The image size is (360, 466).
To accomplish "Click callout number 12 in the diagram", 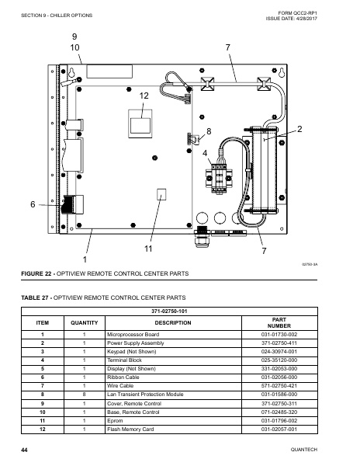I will (144, 95).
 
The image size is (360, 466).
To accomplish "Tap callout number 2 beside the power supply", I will (299, 127).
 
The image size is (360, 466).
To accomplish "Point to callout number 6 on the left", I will (33, 204).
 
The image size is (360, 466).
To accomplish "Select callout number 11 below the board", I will (147, 249).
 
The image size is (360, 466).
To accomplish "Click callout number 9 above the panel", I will (74, 37).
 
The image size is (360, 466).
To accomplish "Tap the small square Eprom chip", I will (162, 193).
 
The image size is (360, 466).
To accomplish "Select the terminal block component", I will (220, 178).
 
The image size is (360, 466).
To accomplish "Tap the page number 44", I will (25, 450).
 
